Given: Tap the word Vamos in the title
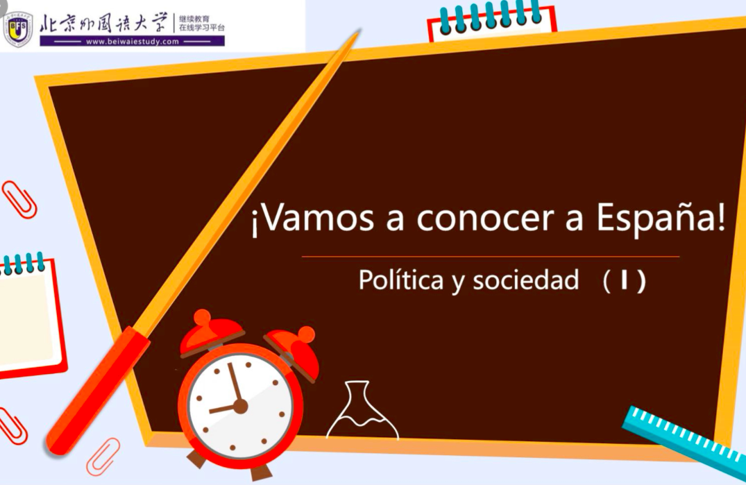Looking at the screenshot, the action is coord(318,218).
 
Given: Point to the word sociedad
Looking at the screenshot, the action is coord(526,279).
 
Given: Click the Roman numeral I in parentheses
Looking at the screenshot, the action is coord(624,280).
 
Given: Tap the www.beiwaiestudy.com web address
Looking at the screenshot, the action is coord(133,42).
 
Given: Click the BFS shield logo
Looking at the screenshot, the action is coord(18,29).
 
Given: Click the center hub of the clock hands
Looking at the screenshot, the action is coord(241,406).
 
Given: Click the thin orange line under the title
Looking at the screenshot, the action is coord(491,256).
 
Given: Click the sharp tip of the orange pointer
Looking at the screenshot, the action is coord(359,31).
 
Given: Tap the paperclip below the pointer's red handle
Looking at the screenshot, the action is coord(103,457).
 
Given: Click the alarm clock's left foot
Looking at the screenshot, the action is coord(196,459).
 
